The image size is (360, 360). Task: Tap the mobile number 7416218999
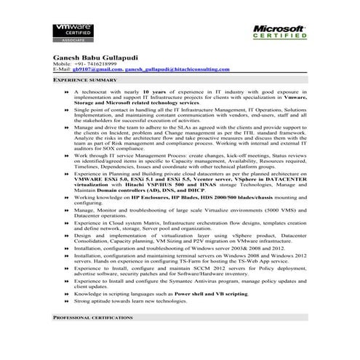96,63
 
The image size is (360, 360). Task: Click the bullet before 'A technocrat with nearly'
67,93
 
